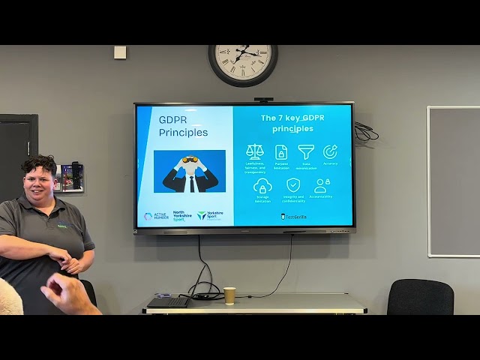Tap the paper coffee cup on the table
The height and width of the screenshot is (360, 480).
point(229,295)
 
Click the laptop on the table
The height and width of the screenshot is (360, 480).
point(168,301)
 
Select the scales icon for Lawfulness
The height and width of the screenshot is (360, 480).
point(255,151)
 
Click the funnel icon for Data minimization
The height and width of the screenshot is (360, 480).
point(306,151)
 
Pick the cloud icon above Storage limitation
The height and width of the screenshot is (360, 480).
point(262,186)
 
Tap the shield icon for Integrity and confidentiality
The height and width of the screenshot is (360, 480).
point(293,185)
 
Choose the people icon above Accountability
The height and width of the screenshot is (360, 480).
point(322,185)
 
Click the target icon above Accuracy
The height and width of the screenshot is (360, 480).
point(330,151)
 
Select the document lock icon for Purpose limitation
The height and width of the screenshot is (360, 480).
point(281,151)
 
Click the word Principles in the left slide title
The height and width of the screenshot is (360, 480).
point(183,133)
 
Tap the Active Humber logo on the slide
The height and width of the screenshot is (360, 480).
point(157,216)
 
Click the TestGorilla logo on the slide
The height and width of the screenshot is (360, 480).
point(294,217)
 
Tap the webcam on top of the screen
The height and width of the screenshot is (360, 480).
point(263,99)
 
